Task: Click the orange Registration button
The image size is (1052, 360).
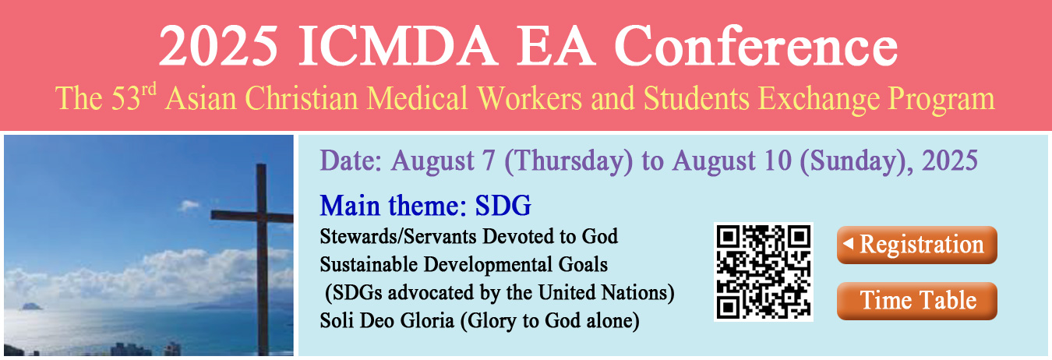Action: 916,245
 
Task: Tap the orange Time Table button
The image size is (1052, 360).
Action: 916,301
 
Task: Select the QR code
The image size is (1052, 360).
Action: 763,272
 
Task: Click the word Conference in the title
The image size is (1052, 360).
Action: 756,45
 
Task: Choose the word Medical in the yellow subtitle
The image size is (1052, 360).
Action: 417,98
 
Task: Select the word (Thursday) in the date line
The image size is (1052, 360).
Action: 569,161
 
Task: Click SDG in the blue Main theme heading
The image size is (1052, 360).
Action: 503,206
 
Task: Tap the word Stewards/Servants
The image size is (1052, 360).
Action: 398,237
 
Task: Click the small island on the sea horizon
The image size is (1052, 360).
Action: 32,306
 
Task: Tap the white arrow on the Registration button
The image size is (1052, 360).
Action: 848,243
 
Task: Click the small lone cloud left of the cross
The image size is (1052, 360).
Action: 189,205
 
